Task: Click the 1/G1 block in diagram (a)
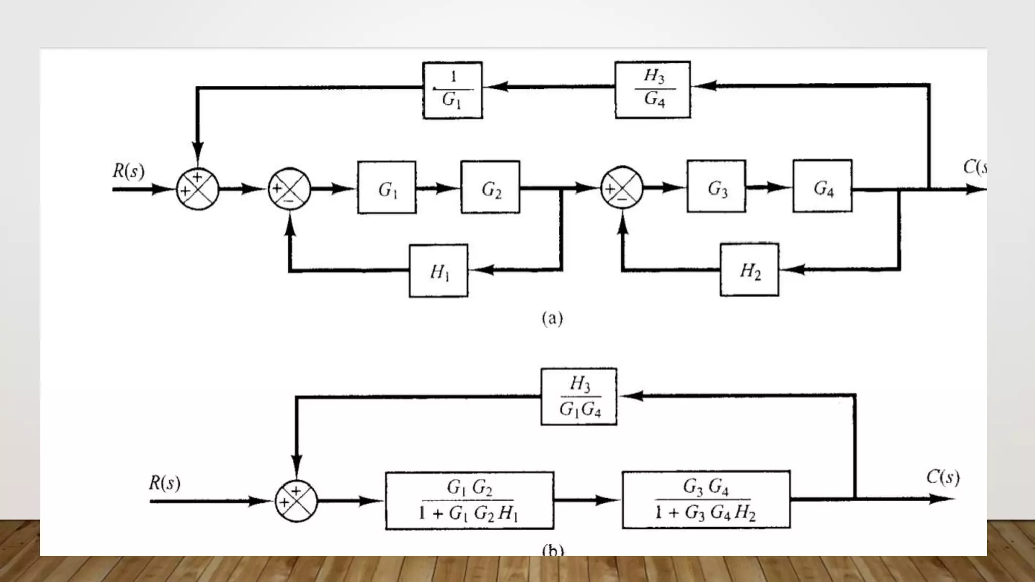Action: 452,90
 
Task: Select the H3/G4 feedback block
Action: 652,90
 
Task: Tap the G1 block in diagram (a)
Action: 387,187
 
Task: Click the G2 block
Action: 490,187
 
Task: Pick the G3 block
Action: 716,186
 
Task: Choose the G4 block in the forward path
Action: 822,186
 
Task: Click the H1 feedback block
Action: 439,271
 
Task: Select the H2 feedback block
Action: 749,270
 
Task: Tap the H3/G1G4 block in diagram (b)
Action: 579,397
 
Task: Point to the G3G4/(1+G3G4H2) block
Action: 705,500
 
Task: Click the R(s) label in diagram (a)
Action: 128,171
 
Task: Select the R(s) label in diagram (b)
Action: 164,483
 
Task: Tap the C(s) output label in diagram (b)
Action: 943,477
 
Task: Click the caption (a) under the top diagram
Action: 552,318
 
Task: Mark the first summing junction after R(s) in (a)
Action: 198,189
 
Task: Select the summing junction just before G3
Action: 622,188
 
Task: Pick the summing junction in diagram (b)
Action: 296,501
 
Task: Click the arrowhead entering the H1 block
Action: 480,270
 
